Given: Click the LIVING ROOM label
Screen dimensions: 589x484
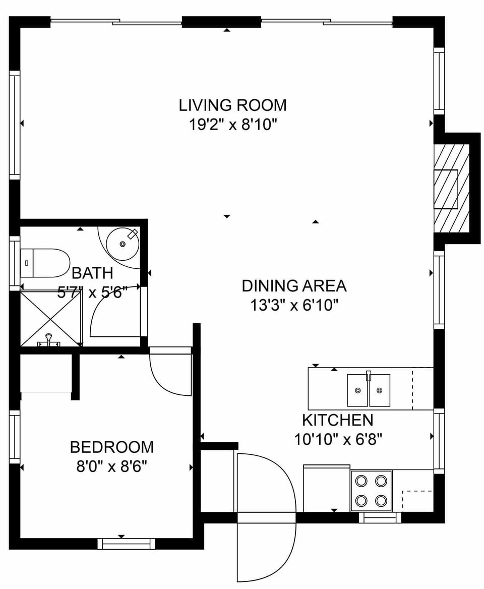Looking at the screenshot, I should pos(232,105).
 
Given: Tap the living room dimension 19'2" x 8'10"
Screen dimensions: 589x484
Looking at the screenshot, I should pos(232,124).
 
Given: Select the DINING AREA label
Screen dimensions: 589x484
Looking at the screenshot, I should pos(294,286).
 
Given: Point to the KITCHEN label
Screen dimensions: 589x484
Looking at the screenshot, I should pos(337,420).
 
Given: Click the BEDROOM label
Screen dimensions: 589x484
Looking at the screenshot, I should pos(111,447).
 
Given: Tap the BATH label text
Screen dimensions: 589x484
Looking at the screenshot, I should pos(92,273).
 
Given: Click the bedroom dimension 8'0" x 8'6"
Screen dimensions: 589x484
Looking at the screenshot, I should pos(111,466).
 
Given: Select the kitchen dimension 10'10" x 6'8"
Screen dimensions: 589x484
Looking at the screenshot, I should pos(338,439).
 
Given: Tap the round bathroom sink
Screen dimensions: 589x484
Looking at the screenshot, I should pos(123,244).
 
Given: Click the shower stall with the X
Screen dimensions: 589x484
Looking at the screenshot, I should pos(50,318).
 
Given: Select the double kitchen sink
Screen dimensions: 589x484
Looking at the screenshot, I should pos(369,390).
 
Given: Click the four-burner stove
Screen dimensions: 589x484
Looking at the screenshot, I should pos(371,491).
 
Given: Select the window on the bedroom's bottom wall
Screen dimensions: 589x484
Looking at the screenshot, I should pos(126,544).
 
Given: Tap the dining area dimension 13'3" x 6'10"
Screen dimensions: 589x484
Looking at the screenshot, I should pos(294,305).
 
